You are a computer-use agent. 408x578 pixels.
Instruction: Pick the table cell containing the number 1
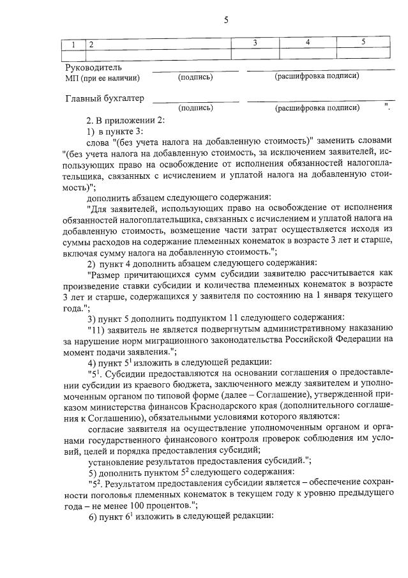[x=73, y=45]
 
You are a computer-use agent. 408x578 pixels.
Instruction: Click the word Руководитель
[x=94, y=67]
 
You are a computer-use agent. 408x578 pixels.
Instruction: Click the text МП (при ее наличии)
[x=102, y=78]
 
